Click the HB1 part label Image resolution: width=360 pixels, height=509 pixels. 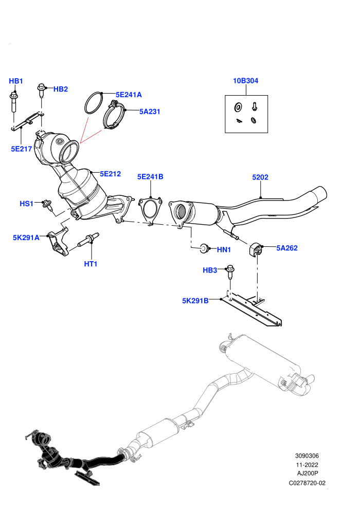[x=16, y=81]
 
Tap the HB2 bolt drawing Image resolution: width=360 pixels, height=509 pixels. [x=41, y=90]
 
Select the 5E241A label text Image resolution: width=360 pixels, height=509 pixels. [x=129, y=95]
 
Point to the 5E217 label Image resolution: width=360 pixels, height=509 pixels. [x=22, y=149]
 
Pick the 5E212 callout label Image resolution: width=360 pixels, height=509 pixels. [x=111, y=174]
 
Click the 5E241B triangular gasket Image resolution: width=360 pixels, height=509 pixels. [x=150, y=211]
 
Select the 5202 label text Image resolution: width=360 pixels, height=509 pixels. [x=260, y=177]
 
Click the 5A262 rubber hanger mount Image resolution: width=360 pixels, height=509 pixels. [x=256, y=249]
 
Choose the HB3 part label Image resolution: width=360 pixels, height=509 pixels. [x=210, y=270]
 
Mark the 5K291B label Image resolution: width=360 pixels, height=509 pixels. [x=195, y=301]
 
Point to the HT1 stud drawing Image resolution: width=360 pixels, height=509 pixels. [x=88, y=240]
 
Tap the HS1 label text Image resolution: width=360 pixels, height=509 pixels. [x=27, y=204]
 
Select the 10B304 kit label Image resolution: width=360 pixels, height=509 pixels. [x=246, y=81]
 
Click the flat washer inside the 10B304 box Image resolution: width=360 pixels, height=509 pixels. [x=238, y=106]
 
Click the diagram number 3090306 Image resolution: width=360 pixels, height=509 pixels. [x=307, y=456]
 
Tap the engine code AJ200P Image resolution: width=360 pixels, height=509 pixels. [x=308, y=474]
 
